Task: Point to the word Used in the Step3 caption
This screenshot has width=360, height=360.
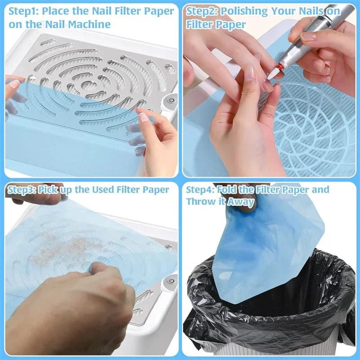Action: tap(103, 189)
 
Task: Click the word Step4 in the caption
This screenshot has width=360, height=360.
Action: tap(200, 189)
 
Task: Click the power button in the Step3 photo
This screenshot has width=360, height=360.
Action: tap(171, 281)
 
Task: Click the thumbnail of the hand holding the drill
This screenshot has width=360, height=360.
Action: tap(308, 36)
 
